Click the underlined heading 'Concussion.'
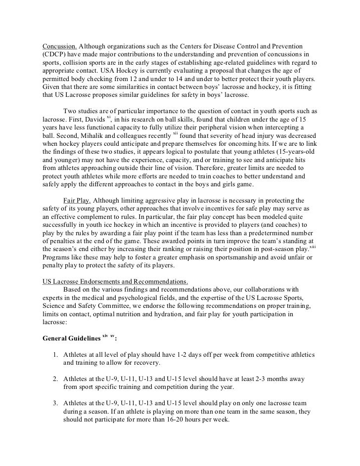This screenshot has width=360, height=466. pyautogui.click(x=59, y=46)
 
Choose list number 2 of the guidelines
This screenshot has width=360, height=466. pyautogui.click(x=55, y=380)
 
